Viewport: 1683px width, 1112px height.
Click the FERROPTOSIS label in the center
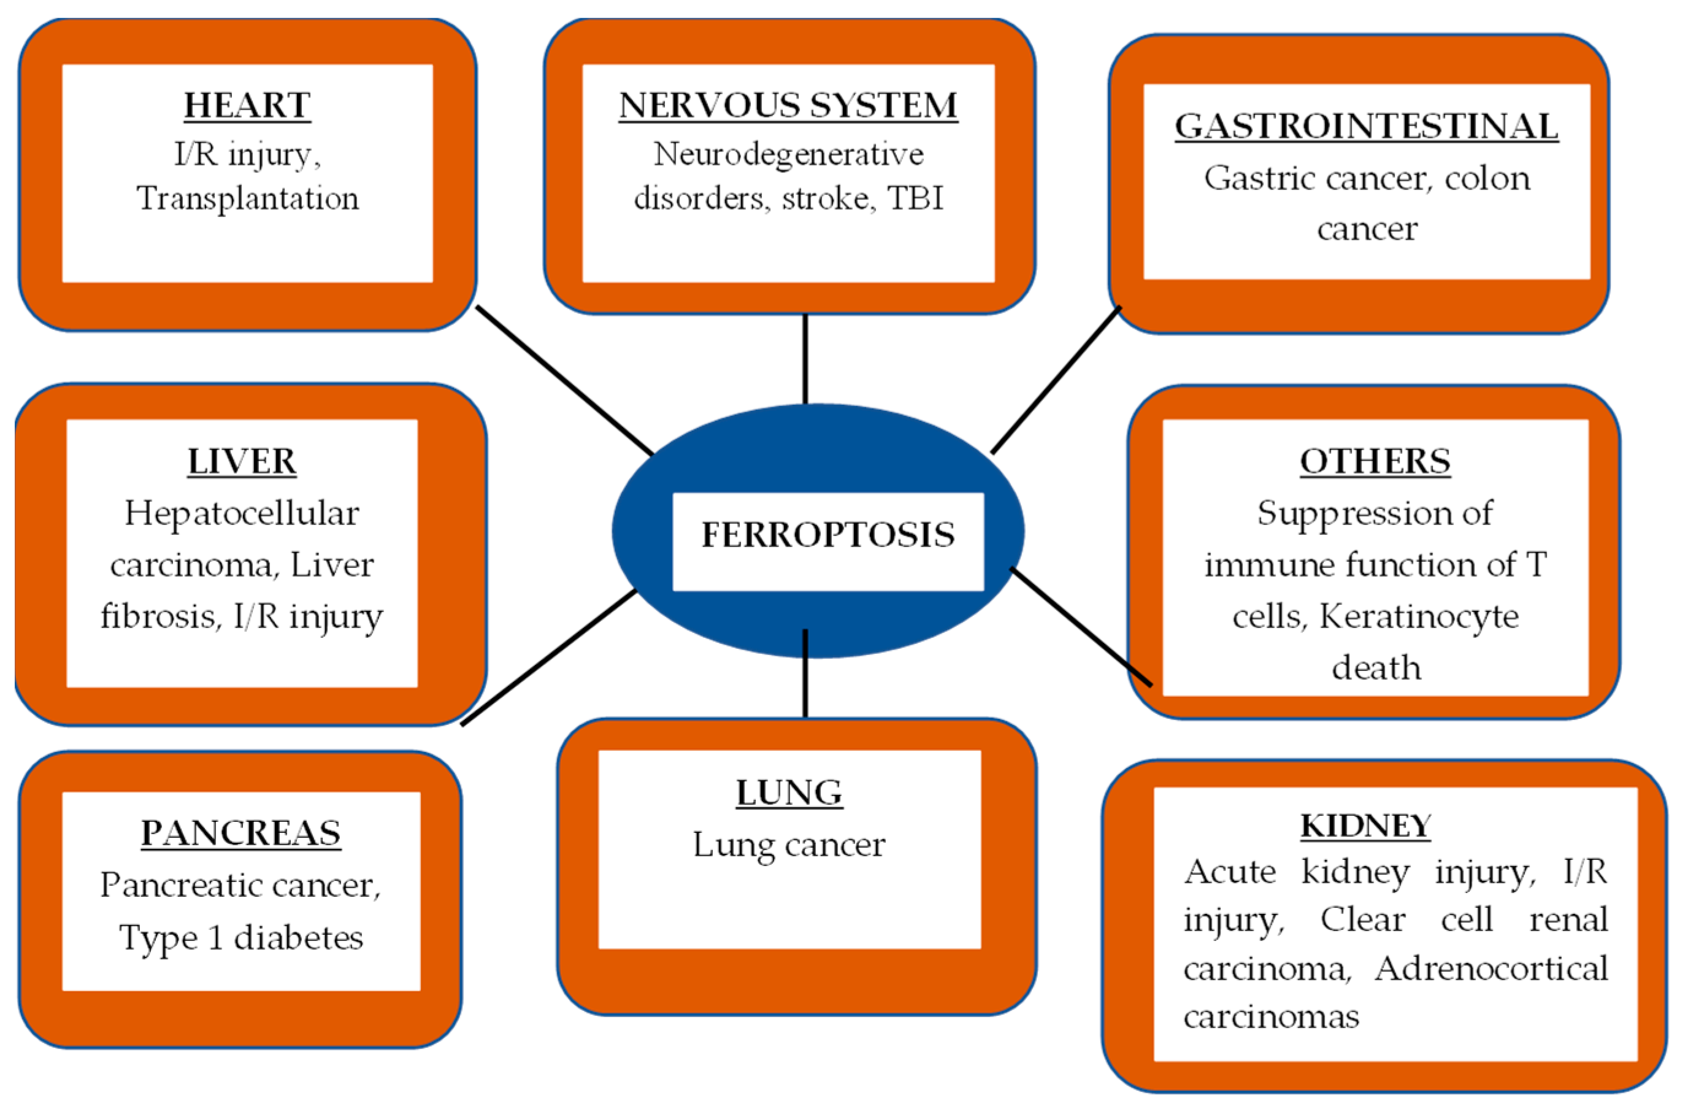click(x=827, y=535)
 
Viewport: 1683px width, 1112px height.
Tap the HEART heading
click(x=247, y=106)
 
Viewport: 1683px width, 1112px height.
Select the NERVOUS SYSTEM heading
click(x=788, y=106)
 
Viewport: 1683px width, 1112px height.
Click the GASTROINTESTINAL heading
click(x=1366, y=127)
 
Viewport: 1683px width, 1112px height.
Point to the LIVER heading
click(x=242, y=462)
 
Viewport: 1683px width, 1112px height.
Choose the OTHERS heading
click(x=1374, y=462)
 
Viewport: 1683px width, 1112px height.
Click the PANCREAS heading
click(x=241, y=834)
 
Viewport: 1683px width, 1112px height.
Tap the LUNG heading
click(x=789, y=793)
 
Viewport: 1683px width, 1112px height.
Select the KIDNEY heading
click(x=1365, y=826)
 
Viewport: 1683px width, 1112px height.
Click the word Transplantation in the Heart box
click(x=248, y=199)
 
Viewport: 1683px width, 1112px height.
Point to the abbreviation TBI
click(x=916, y=199)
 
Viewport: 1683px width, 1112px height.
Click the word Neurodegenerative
click(x=788, y=155)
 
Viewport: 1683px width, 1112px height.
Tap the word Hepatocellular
click(x=242, y=514)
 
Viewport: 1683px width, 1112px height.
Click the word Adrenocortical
click(x=1491, y=968)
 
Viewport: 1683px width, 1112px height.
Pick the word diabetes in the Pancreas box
click(x=299, y=938)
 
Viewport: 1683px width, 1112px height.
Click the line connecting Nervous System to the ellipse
click(x=805, y=358)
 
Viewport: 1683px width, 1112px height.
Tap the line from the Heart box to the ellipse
click(x=564, y=380)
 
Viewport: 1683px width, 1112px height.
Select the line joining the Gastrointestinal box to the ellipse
click(x=1056, y=380)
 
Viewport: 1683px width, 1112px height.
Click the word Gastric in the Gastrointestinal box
click(x=1258, y=178)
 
